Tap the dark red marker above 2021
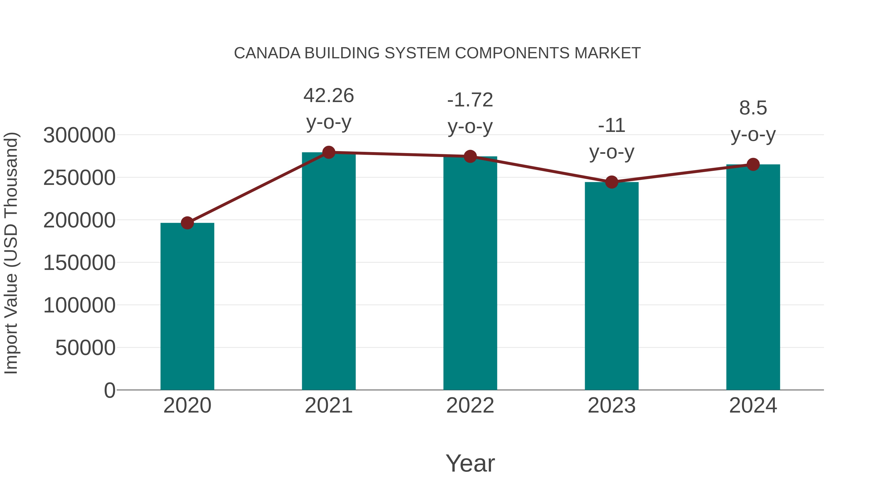[x=328, y=152]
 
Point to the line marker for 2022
[x=470, y=156]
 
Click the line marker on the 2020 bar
[x=187, y=223]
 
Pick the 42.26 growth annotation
[x=328, y=96]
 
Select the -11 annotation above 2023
[x=612, y=126]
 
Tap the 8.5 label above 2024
[x=753, y=108]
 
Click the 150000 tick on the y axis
[x=79, y=263]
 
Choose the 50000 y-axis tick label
[x=85, y=348]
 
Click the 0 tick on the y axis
[x=109, y=390]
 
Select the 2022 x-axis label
[x=470, y=406]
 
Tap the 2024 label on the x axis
[x=753, y=406]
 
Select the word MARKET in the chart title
[x=607, y=53]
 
